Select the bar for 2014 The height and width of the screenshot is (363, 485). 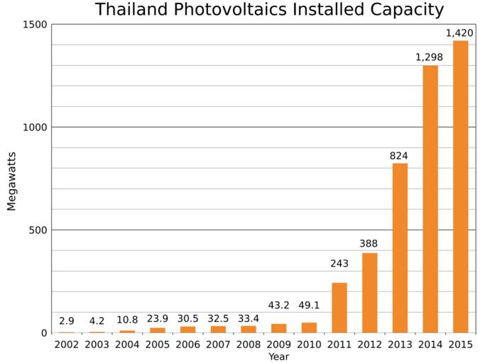pyautogui.click(x=430, y=199)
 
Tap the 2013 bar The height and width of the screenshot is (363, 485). pyautogui.click(x=400, y=247)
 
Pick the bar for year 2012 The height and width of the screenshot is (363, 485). pyautogui.click(x=369, y=293)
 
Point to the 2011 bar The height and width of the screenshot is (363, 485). pyautogui.click(x=339, y=308)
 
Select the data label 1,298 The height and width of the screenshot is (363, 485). pyautogui.click(x=430, y=57)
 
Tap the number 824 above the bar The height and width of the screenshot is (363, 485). pyautogui.click(x=399, y=155)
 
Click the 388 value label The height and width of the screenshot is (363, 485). pyautogui.click(x=369, y=245)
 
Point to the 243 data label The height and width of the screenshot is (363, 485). pyautogui.click(x=339, y=264)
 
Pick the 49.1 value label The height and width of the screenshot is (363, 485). pyautogui.click(x=309, y=306)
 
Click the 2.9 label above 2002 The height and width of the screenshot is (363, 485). pyautogui.click(x=67, y=321)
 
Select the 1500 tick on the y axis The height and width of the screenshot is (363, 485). pyautogui.click(x=34, y=25)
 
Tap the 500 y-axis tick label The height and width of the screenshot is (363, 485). pyautogui.click(x=37, y=230)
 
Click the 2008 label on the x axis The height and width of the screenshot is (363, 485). pyautogui.click(x=249, y=345)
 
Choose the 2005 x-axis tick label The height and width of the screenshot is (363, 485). pyautogui.click(x=158, y=345)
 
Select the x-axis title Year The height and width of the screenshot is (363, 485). pyautogui.click(x=278, y=357)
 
